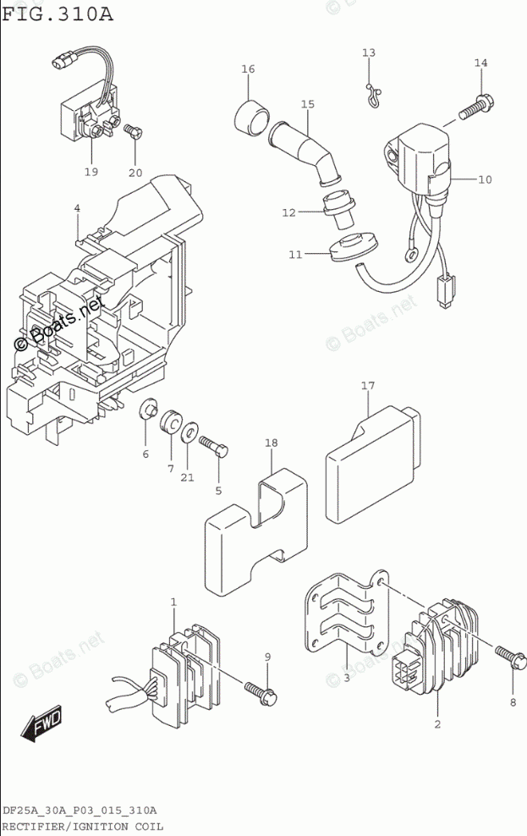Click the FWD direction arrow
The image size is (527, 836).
point(42,724)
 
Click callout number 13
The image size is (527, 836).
point(369,52)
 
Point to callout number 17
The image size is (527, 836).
point(368,386)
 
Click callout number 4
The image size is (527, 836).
point(77,208)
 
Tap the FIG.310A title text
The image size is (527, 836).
point(58,13)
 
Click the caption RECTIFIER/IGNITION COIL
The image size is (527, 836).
point(81,827)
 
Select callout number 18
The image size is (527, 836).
point(271,443)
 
